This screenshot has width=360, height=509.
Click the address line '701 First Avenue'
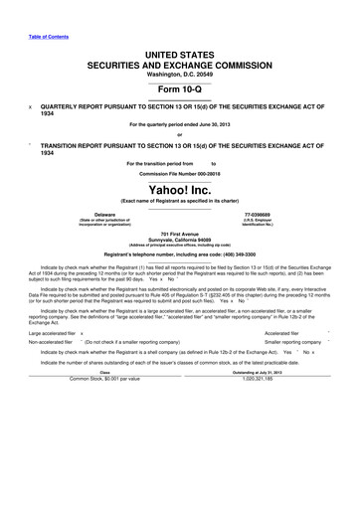point(180,234)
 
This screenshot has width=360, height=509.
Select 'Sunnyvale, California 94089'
point(180,240)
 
